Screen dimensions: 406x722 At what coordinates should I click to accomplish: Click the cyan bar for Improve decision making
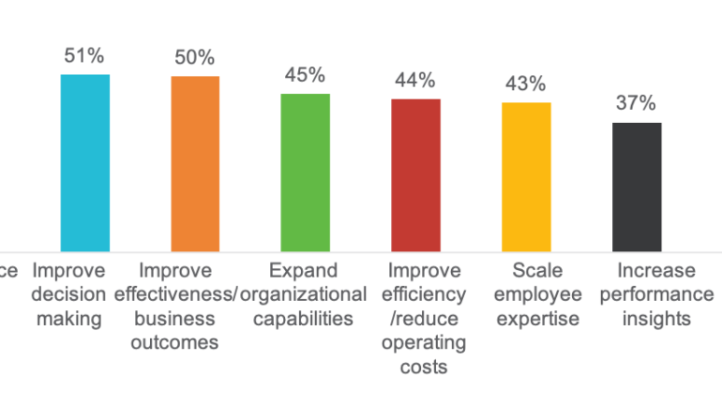(x=85, y=162)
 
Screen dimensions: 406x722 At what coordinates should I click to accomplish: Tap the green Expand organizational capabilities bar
(x=306, y=173)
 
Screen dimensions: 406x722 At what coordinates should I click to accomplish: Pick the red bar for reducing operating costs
(x=416, y=174)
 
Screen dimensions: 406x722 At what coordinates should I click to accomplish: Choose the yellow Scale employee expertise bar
(x=527, y=176)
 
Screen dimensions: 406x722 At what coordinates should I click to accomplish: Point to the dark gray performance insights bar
(x=638, y=187)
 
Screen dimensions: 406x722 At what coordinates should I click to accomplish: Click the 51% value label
(x=84, y=55)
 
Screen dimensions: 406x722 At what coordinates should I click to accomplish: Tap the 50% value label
(x=195, y=58)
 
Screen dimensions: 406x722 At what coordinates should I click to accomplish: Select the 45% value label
(x=306, y=75)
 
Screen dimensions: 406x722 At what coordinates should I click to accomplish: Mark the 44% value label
(x=416, y=80)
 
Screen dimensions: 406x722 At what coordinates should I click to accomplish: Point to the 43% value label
(x=526, y=84)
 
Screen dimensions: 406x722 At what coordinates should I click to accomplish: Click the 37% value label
(x=636, y=103)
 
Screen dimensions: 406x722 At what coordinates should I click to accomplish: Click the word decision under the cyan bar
(x=68, y=295)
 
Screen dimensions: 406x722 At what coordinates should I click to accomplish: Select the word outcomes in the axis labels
(x=180, y=343)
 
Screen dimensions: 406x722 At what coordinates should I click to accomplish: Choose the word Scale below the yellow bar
(x=536, y=271)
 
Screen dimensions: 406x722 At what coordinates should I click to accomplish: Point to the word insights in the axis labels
(x=656, y=319)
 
